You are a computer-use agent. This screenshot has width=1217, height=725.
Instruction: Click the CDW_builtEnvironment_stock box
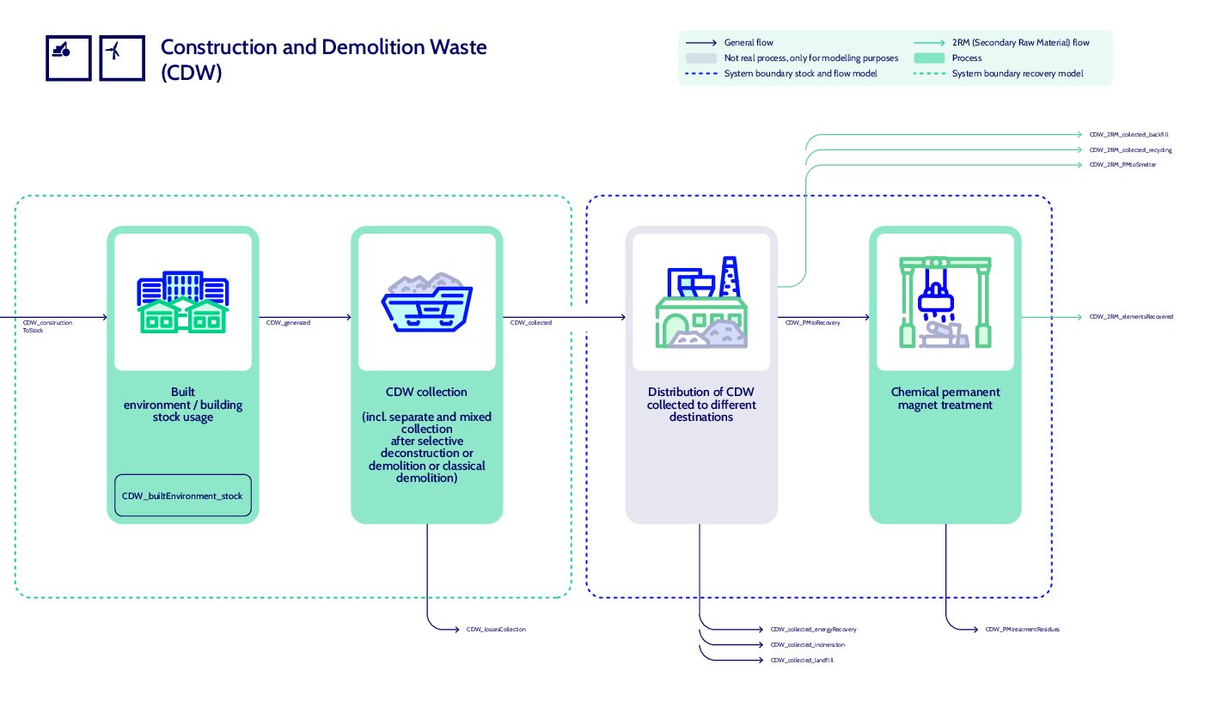182,496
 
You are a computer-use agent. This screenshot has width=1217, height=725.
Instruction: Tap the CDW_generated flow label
288,323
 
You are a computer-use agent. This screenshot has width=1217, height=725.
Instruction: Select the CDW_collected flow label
531,323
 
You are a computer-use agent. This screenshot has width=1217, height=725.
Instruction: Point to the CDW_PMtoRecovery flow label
812,323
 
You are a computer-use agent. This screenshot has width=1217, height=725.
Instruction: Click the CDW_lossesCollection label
496,630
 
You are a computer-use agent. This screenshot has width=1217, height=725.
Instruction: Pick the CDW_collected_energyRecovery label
813,630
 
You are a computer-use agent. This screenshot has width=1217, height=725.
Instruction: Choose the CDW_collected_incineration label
807,645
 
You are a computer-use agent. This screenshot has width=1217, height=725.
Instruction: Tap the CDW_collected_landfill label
802,661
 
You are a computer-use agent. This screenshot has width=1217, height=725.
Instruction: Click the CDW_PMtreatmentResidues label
1022,630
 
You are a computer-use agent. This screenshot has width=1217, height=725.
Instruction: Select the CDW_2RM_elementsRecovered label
1131,317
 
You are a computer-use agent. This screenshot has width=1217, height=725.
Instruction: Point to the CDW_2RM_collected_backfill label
1128,135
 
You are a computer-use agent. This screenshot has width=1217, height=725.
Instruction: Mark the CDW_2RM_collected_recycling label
1130,150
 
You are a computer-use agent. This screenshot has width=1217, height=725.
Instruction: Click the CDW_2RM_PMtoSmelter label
1122,165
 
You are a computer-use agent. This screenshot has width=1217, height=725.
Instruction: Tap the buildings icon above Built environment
183,302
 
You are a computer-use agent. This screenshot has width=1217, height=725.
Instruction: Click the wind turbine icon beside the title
122,58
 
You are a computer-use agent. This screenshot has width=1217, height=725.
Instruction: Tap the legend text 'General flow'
749,42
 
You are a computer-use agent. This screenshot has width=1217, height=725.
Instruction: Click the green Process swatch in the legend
928,58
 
